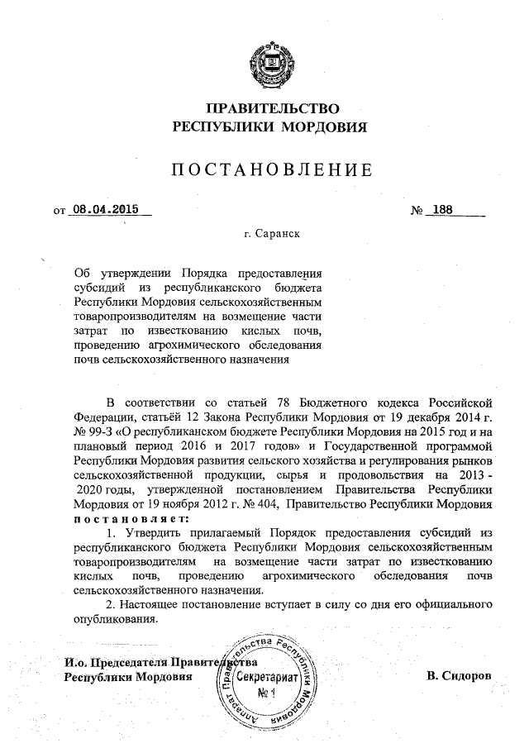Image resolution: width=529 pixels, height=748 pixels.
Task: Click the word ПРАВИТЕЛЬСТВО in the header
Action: pos(272,108)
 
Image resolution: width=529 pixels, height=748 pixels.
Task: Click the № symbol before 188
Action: pos(417,210)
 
